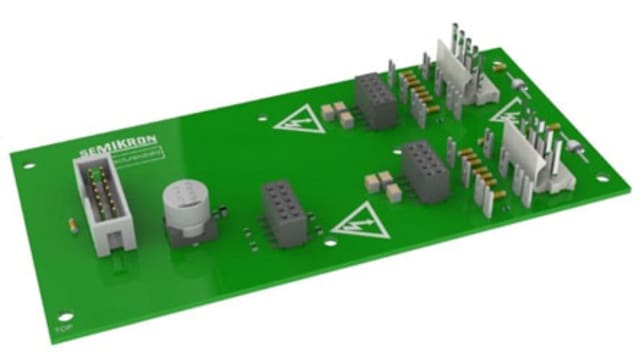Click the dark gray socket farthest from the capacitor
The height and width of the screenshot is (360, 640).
pos(375,100)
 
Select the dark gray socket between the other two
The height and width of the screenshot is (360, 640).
pos(425,170)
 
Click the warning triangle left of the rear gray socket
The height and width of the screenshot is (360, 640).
pos(297,121)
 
